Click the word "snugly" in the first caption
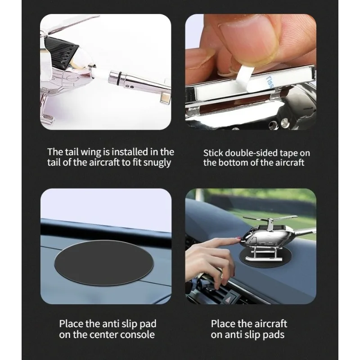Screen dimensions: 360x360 click(157, 163)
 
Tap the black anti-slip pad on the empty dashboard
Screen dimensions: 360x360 click(104, 263)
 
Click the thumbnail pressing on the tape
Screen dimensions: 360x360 click(247, 41)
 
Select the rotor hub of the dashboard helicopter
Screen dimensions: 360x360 click(270, 222)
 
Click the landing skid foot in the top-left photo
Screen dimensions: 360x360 click(48, 120)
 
